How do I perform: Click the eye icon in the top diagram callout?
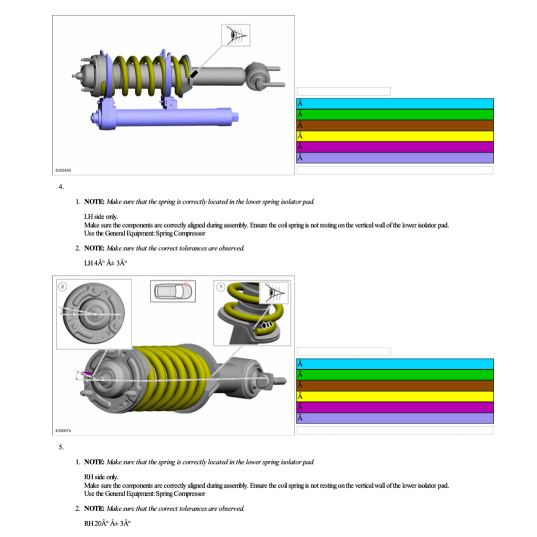click(x=236, y=35)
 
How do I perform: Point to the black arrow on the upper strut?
click(x=194, y=73)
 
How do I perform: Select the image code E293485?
click(x=63, y=170)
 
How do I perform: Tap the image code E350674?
click(x=63, y=431)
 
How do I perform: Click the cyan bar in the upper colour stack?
click(x=395, y=103)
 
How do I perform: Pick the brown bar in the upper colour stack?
click(x=395, y=125)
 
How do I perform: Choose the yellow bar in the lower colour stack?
click(x=395, y=396)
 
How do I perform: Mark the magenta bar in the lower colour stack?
click(x=395, y=407)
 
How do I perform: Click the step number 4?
click(x=61, y=187)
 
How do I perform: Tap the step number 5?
click(x=61, y=447)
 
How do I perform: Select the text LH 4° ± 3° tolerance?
click(x=105, y=263)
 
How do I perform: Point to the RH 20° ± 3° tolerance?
click(x=107, y=523)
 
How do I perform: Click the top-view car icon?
click(x=173, y=291)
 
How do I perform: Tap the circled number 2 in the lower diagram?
click(x=62, y=286)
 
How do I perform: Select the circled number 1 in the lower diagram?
click(x=221, y=286)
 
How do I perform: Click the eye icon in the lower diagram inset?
click(x=274, y=293)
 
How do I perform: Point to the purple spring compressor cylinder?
click(x=164, y=117)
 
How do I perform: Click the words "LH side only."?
click(x=101, y=217)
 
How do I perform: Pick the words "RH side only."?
click(x=101, y=477)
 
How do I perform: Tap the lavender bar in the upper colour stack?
click(x=395, y=157)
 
